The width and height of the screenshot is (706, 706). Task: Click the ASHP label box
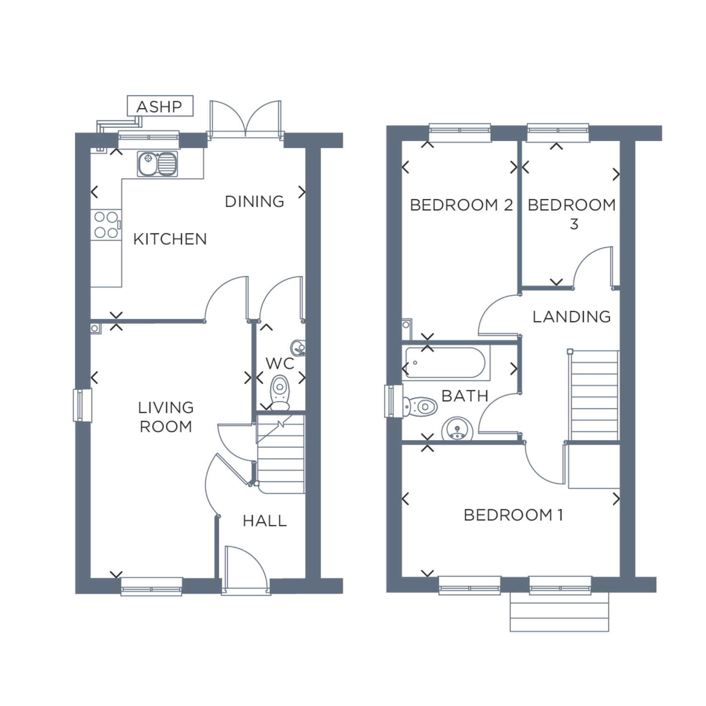(x=160, y=106)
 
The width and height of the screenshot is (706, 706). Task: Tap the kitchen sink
(x=157, y=164)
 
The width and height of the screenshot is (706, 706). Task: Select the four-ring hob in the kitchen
(x=106, y=225)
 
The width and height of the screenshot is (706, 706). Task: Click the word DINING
(x=255, y=202)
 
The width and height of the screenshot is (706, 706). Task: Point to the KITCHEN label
(x=170, y=239)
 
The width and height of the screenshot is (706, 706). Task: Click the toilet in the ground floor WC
(x=280, y=393)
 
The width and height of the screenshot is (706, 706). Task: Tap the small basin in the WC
(x=298, y=348)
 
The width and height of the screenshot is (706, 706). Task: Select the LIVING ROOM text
(x=166, y=417)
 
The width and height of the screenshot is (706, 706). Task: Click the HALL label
(x=265, y=521)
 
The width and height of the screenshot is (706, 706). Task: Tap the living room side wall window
(x=82, y=405)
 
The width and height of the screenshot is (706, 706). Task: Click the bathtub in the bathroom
(x=446, y=363)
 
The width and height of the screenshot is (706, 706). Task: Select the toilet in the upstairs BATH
(x=420, y=407)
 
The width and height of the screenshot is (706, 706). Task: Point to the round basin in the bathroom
(x=457, y=429)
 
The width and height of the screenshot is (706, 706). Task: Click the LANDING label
(x=571, y=317)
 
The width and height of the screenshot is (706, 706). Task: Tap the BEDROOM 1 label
(x=513, y=515)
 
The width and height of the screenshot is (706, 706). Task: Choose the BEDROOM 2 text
(x=461, y=205)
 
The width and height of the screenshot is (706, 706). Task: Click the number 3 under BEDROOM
(x=574, y=224)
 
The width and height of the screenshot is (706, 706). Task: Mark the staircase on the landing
(x=594, y=395)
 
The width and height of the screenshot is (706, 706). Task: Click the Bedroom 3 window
(x=558, y=133)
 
